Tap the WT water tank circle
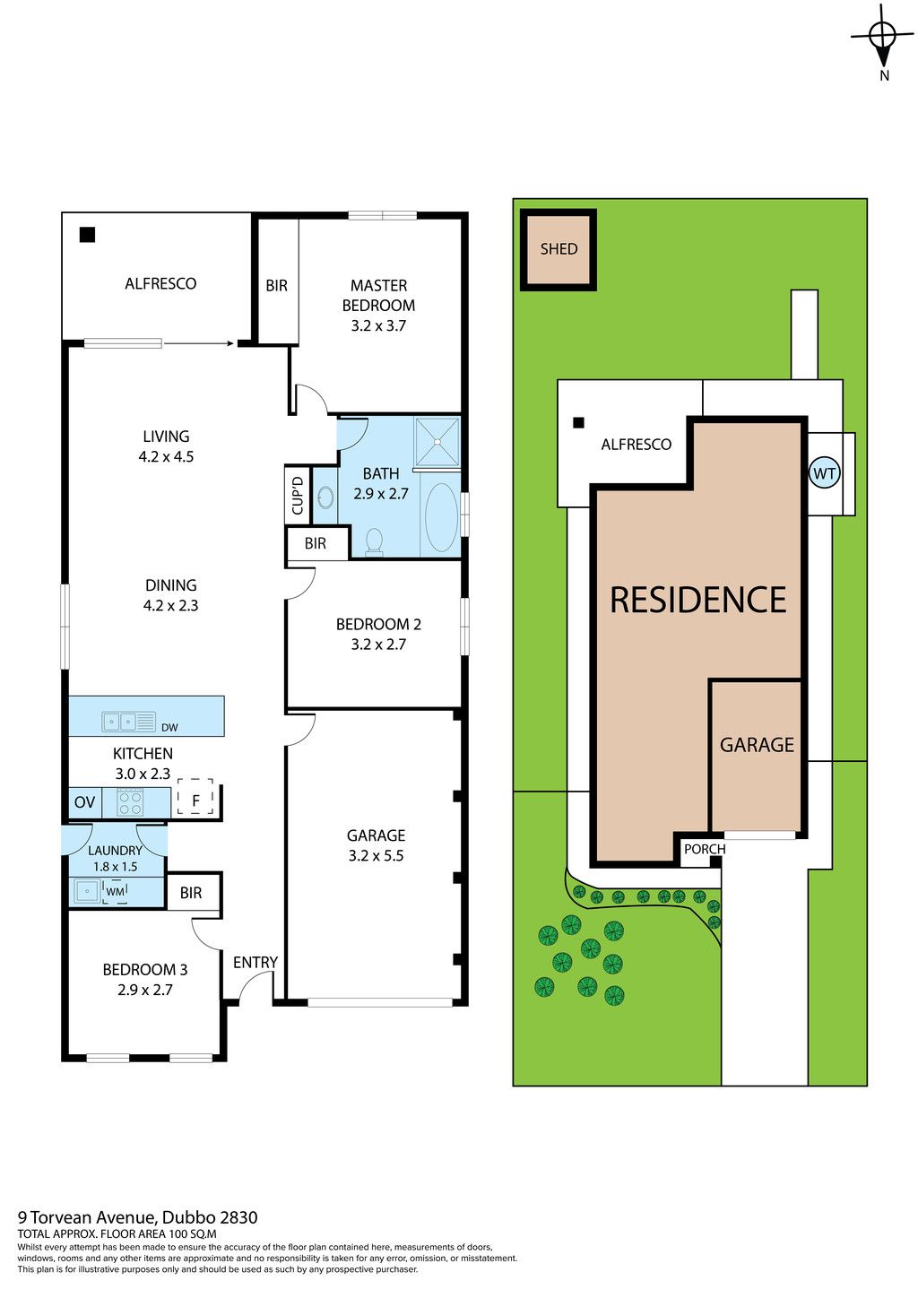(824, 472)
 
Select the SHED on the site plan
(559, 249)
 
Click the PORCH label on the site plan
(704, 849)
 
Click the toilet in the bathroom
(375, 541)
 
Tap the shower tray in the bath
(437, 441)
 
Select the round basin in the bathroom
(325, 497)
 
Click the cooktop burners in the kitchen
(130, 802)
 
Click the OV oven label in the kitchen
(84, 802)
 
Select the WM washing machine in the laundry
(116, 891)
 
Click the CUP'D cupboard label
(298, 494)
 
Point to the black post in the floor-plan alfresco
(87, 235)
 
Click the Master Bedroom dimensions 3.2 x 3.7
(378, 325)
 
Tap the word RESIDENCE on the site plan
(698, 600)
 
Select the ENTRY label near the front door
(255, 962)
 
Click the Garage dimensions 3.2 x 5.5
(376, 855)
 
